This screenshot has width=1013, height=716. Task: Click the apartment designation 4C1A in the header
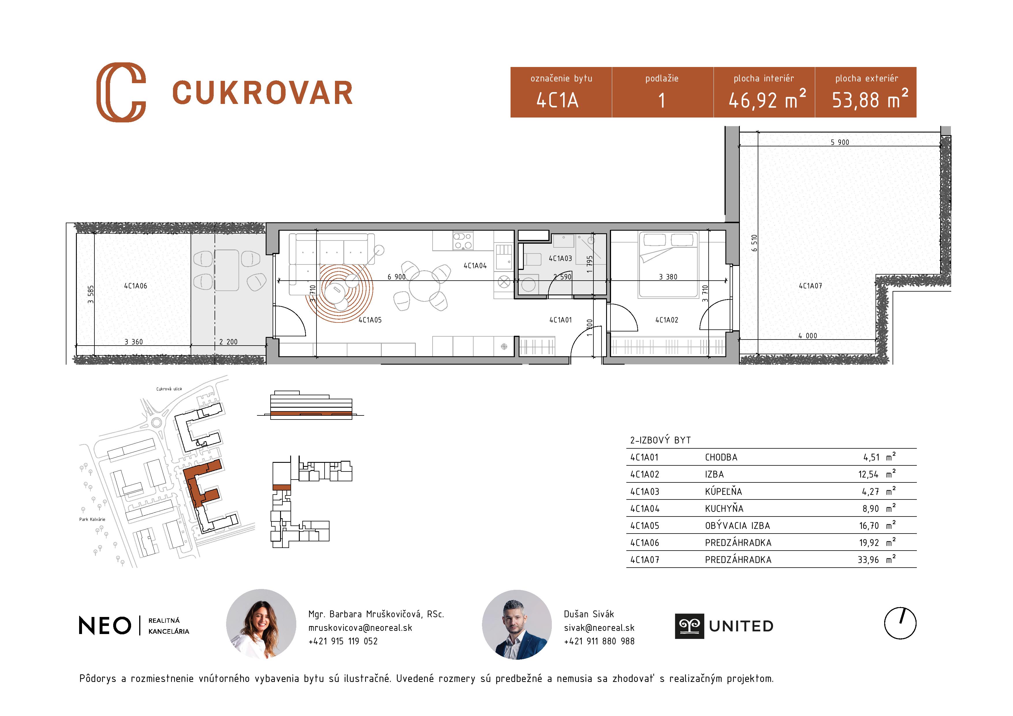[557, 100]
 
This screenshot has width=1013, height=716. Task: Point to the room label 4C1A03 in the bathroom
[560, 258]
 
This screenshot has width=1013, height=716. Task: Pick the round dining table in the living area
[424, 286]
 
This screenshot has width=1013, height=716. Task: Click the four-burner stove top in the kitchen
[463, 241]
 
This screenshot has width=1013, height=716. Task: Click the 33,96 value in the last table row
[868, 560]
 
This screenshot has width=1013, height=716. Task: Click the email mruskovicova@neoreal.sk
[360, 628]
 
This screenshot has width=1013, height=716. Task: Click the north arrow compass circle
[900, 623]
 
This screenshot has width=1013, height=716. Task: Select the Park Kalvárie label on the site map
[92, 519]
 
